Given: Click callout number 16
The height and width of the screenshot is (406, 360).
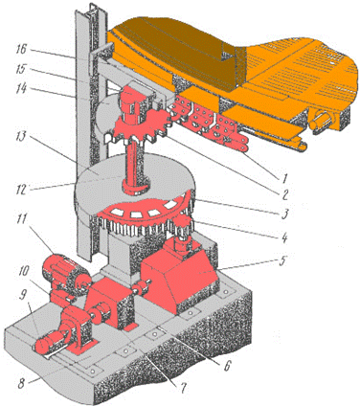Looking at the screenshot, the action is [23, 50].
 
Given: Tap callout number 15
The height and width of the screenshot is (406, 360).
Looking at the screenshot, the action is [23, 69].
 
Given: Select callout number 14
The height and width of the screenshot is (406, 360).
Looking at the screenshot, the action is [23, 88].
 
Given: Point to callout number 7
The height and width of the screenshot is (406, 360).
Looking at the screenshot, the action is [183, 388].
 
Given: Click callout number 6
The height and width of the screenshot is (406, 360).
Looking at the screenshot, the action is [226, 367].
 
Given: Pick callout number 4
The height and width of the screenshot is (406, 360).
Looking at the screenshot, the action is [283, 237].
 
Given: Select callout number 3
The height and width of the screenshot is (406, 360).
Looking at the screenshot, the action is [283, 214].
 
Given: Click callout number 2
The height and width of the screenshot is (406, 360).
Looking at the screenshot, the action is [283, 194].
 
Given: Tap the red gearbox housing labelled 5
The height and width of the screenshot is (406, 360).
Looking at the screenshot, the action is [179, 275].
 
